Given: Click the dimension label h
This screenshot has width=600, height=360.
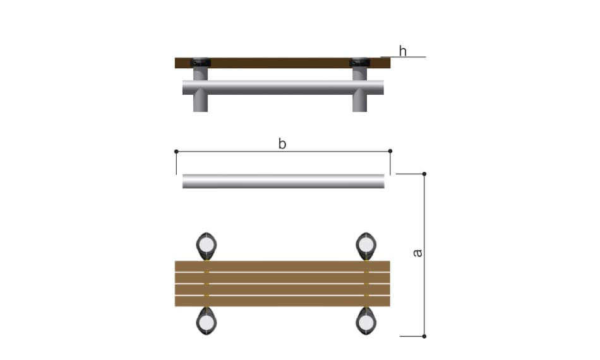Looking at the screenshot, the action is pos(402,51).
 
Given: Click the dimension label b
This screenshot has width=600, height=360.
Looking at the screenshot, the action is pos(282,144).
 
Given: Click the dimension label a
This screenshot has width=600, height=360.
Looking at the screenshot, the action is pos(417,253).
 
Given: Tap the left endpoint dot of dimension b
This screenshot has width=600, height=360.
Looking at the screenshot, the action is pos(176,152).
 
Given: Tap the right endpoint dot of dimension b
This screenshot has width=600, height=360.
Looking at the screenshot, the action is pos(390,151).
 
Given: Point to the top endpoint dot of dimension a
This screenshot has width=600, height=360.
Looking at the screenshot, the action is pos(424,174).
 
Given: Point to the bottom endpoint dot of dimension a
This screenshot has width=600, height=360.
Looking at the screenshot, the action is pos(424,336).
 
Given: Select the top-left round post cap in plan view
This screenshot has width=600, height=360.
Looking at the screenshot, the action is pos(207,246).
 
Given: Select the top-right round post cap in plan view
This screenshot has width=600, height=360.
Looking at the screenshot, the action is pos(366,246).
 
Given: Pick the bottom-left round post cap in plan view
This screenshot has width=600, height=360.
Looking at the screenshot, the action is pos(207,321).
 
